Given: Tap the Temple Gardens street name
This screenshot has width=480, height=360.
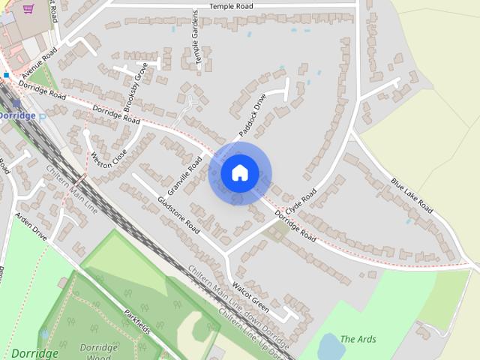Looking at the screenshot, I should [198, 40].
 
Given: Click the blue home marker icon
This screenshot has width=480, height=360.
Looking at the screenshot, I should [239, 172].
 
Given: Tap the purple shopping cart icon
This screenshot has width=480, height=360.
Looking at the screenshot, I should [28, 9].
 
